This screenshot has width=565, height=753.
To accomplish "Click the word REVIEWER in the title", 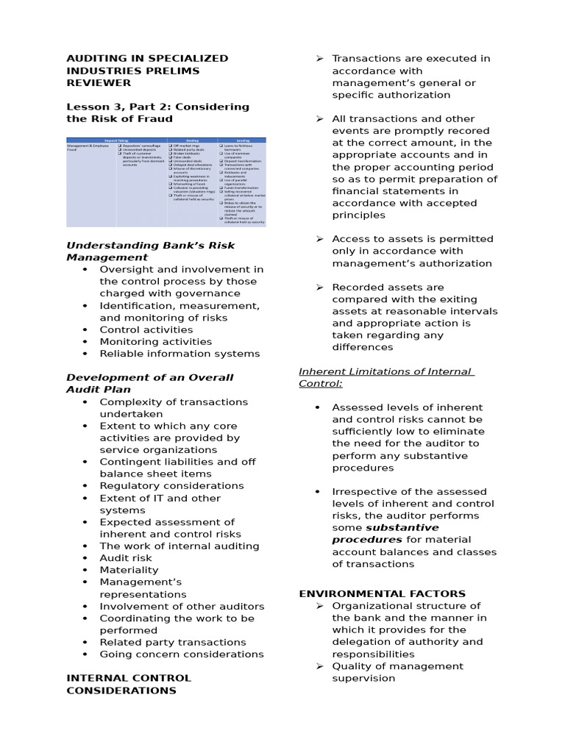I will [x=99, y=83].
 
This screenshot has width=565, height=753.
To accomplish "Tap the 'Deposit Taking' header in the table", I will [x=116, y=140].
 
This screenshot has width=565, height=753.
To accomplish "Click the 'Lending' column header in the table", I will [x=242, y=140].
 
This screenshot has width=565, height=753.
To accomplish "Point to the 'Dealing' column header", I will [x=193, y=140].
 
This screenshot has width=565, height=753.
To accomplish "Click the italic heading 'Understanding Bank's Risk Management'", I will [x=151, y=251].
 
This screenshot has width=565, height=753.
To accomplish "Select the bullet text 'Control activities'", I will [x=146, y=329].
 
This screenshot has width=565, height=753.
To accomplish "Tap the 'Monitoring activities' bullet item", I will [x=155, y=341].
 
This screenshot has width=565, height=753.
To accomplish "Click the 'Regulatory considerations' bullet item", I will [x=171, y=486].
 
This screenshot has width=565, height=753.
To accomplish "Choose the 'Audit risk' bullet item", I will [x=126, y=558].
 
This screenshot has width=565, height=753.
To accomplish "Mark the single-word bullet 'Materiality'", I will [x=129, y=570].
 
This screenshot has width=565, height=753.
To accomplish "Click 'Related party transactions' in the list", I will [x=173, y=642].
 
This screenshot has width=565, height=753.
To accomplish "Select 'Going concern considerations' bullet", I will [x=181, y=654].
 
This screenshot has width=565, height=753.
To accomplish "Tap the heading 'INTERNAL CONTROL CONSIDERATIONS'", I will [x=128, y=684].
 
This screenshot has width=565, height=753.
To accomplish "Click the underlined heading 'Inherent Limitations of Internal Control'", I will [x=385, y=377].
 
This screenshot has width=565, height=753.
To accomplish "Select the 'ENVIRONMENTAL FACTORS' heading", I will [x=382, y=593].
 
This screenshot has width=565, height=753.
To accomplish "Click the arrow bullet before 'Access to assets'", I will [x=320, y=239].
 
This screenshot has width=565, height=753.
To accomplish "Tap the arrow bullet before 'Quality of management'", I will [x=320, y=666].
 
